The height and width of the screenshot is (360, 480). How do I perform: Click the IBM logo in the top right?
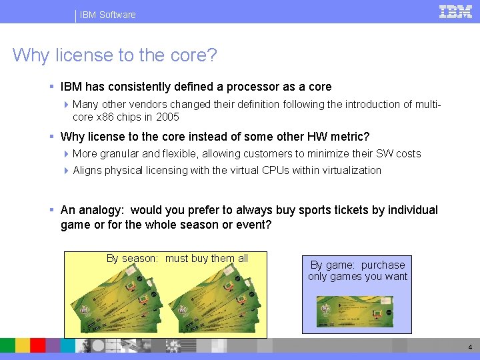[x=455, y=11]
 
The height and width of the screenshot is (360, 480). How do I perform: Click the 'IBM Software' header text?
[x=107, y=15]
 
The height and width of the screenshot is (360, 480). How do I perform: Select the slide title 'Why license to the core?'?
[x=115, y=55]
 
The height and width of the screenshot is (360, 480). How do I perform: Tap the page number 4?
[x=470, y=347]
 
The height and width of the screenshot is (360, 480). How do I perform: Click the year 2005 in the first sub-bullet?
[x=167, y=117]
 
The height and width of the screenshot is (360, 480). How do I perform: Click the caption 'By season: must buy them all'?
[x=177, y=259]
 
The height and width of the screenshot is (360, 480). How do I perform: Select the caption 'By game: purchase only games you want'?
[x=357, y=271]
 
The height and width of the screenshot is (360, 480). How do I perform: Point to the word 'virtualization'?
[x=347, y=170]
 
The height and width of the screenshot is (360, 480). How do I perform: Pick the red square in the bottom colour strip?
[x=38, y=345]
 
